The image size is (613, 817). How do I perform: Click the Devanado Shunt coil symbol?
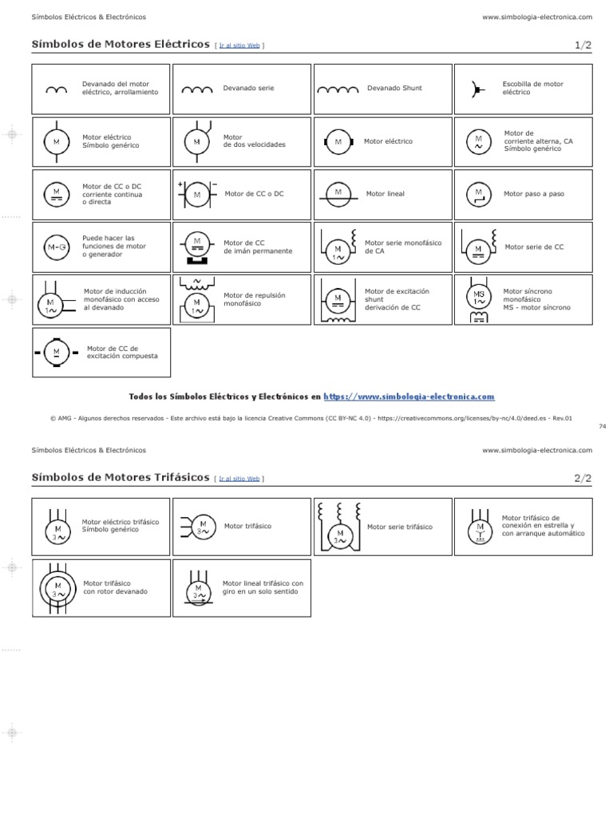[x=338, y=90]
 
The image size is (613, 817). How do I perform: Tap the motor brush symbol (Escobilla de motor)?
[x=477, y=90]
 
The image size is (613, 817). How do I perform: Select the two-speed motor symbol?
[x=198, y=142]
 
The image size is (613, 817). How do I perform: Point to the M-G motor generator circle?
[x=57, y=247]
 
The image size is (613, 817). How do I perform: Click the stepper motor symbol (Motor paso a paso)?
[x=479, y=195]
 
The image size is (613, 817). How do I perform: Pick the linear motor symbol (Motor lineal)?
[x=338, y=195]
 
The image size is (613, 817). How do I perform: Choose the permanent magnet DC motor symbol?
[x=197, y=247]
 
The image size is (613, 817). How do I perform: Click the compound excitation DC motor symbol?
[x=57, y=353]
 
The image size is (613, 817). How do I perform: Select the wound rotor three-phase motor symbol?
[x=57, y=589]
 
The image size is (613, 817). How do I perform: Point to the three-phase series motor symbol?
[x=340, y=527]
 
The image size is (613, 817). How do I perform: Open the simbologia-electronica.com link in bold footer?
[x=409, y=397]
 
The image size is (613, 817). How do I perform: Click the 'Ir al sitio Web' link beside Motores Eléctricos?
[x=239, y=45]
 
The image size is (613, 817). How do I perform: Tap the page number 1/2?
[x=583, y=45]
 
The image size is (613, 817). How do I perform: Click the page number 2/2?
[x=583, y=479]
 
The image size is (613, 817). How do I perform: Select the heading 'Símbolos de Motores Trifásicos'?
[x=121, y=477]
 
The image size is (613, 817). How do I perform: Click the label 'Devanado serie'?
[x=249, y=88]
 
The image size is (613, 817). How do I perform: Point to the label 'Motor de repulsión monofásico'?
[x=255, y=299]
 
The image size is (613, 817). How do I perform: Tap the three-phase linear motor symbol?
[x=199, y=589]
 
